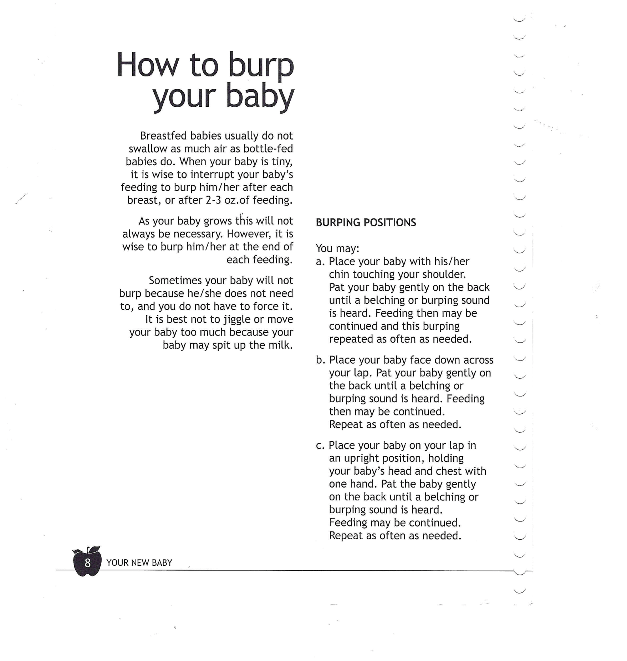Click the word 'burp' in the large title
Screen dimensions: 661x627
click(261, 66)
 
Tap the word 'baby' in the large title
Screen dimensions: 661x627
click(260, 97)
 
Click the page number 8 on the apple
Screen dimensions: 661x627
click(87, 563)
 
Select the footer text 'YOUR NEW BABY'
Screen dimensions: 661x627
click(139, 563)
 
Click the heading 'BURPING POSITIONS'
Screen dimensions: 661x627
click(366, 223)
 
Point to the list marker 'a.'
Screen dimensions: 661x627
click(320, 262)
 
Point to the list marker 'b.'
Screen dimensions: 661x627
click(320, 360)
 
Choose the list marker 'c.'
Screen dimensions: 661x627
click(320, 445)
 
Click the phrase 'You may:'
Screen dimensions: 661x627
click(337, 248)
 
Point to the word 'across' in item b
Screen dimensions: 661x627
click(478, 360)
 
